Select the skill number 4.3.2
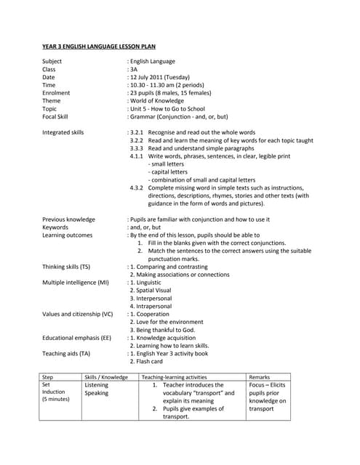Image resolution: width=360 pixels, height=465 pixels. [x=136, y=187]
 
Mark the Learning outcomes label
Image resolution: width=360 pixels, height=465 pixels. [x=67, y=235]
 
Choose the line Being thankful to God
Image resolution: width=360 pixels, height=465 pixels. [x=161, y=329]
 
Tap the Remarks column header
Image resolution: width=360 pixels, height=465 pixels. [x=260, y=378]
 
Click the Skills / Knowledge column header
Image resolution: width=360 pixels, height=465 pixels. [x=106, y=378]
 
